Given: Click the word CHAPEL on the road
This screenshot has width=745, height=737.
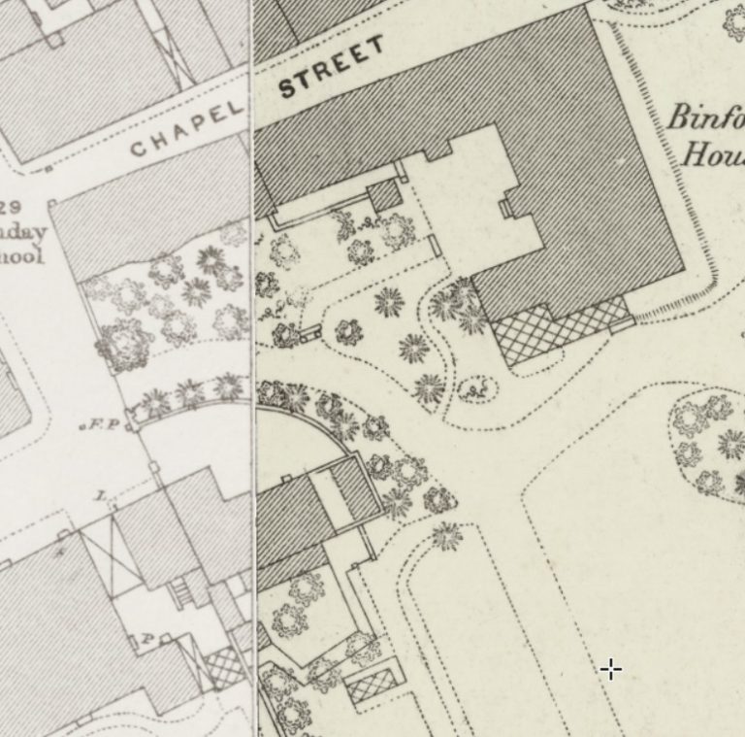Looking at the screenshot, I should [x=187, y=131].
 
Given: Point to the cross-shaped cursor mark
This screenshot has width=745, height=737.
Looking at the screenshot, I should [x=610, y=668].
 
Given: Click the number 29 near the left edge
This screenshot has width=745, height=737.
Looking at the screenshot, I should [x=12, y=207].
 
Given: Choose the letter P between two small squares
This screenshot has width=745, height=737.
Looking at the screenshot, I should [x=147, y=638].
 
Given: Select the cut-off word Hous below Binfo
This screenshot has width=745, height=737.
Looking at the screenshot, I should [x=713, y=153].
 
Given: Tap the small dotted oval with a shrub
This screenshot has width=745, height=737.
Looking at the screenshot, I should [x=474, y=388].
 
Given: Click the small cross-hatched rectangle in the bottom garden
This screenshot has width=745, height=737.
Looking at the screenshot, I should [x=372, y=685].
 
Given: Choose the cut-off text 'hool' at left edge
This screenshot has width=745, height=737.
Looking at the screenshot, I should [x=20, y=256].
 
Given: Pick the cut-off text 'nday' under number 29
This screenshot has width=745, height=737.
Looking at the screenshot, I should [x=21, y=232].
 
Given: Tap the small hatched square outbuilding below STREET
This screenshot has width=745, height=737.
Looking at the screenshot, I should [x=385, y=194].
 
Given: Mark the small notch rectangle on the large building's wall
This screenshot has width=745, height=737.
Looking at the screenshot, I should [x=505, y=207].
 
